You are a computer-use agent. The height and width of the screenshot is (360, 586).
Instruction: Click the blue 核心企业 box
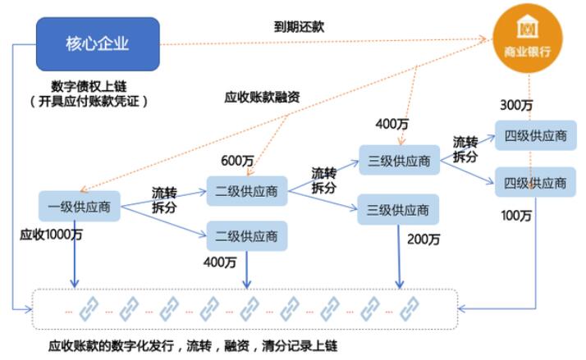coord(98,44)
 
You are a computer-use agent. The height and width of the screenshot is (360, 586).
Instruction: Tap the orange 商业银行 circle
coord(528,38)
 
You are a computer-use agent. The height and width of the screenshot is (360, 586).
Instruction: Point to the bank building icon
coord(528,26)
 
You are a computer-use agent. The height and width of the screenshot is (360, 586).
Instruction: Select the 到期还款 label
coord(299,27)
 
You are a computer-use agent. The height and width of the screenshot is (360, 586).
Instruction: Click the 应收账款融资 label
coord(262,97)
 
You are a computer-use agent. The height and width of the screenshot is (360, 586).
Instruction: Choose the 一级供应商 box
coord(80,206)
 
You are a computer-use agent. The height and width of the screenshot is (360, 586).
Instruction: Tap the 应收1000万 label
coord(51,235)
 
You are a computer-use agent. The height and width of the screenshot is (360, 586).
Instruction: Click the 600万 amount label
coord(237,161)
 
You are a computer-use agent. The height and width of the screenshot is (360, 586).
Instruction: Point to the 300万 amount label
coord(516,105)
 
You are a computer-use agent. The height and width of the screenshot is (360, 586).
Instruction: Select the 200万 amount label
coord(423,239)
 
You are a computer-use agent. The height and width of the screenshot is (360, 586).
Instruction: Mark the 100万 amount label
coord(516,216)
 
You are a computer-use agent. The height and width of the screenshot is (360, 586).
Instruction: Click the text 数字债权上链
coord(89,87)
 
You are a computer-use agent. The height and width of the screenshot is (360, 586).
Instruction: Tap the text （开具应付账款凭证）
coord(89,101)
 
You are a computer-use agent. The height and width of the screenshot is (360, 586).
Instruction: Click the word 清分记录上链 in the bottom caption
coord(300,346)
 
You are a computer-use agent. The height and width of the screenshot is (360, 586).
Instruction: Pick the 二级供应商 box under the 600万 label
coord(247,191)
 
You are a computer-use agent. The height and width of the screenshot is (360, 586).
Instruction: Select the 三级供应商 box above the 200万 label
coord(398,209)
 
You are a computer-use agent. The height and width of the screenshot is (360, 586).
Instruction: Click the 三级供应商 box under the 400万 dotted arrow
coord(399,160)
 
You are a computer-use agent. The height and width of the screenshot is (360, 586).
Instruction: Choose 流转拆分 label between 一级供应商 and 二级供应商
coord(164,200)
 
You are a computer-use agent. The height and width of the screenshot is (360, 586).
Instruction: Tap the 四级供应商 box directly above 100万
coord(535,182)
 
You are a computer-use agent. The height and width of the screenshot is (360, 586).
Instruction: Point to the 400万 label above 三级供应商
coord(392,124)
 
